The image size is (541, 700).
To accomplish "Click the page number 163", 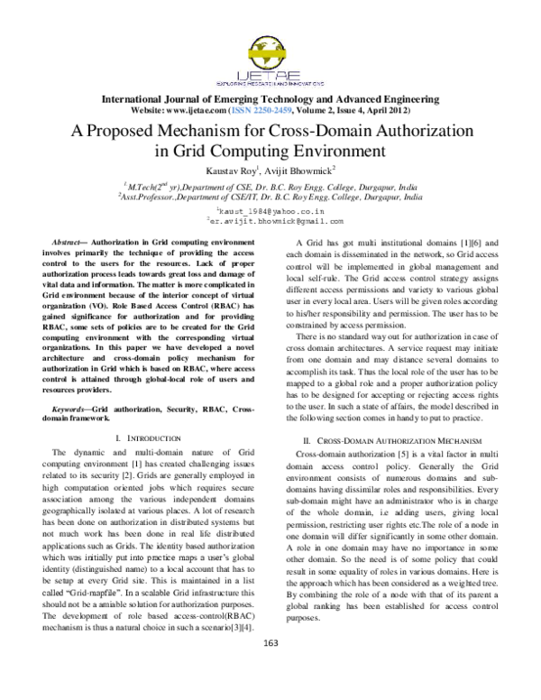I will click(x=270, y=667).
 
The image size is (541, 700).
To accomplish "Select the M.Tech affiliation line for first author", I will click(x=270, y=183).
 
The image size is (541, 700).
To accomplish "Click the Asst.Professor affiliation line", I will click(x=270, y=194).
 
